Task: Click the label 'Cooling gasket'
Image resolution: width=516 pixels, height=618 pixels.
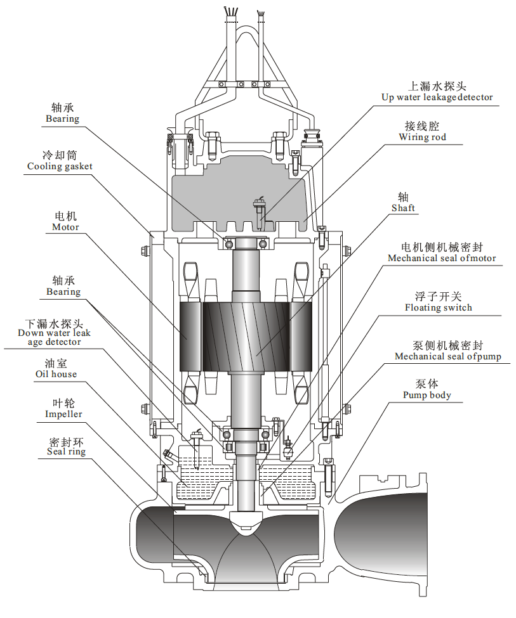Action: [x=60, y=166]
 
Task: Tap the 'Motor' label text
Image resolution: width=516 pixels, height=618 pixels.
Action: [x=65, y=227]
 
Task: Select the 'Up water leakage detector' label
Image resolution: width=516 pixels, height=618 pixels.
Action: [x=437, y=98]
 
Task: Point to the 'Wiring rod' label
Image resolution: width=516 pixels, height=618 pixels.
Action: [x=423, y=137]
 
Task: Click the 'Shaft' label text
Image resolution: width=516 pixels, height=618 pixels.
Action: [x=403, y=208]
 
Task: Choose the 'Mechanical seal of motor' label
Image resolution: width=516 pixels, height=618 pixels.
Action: [x=442, y=258]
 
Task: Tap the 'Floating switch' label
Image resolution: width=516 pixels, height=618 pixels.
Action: [x=438, y=307]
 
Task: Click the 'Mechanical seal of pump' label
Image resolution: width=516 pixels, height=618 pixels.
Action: [x=448, y=357]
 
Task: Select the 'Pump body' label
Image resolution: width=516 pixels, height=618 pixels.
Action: [x=427, y=395]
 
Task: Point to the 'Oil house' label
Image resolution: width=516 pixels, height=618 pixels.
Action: [x=56, y=374]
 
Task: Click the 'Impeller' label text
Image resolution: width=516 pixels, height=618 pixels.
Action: [x=63, y=415]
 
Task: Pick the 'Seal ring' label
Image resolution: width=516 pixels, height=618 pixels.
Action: [x=67, y=452]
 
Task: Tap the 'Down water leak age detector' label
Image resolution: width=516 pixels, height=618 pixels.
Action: [x=54, y=337]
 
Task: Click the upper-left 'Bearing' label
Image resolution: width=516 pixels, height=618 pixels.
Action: [x=62, y=119]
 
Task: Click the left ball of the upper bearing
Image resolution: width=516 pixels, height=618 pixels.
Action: [x=228, y=244]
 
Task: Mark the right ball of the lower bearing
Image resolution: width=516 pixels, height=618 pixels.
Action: [x=265, y=435]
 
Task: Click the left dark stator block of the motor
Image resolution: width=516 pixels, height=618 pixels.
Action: [x=190, y=337]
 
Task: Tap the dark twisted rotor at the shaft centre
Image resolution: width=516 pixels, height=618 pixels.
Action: [x=246, y=337]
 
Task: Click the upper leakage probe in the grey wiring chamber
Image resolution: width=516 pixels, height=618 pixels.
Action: [x=259, y=213]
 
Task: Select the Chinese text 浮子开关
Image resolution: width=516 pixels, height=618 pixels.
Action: [x=438, y=297]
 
